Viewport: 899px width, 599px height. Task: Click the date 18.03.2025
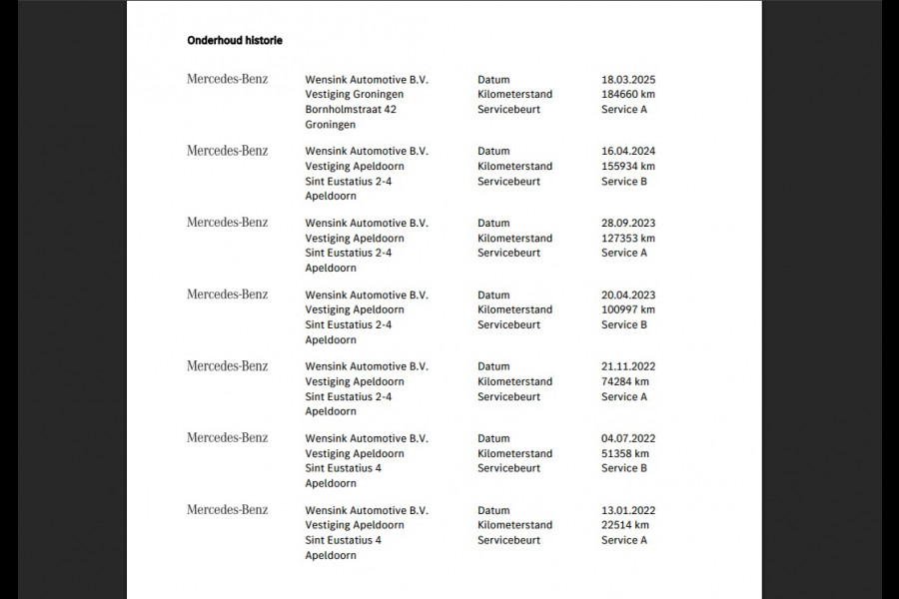coord(628,80)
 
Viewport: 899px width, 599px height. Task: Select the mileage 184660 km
coord(628,95)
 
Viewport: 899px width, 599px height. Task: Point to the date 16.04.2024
coord(628,152)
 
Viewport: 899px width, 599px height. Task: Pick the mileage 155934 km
coord(628,167)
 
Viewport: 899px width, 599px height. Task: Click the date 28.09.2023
coord(628,224)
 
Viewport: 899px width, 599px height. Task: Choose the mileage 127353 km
coord(628,239)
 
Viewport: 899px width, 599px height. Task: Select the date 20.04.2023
coord(628,296)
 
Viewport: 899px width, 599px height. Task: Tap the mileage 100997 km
coord(628,310)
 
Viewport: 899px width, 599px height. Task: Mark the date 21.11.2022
coord(628,367)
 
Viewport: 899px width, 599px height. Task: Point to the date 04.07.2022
coord(628,439)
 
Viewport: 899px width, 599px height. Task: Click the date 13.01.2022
coord(628,511)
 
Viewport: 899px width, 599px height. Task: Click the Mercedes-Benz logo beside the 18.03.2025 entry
coord(227,79)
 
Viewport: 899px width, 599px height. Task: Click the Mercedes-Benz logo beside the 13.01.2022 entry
coord(227,510)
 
